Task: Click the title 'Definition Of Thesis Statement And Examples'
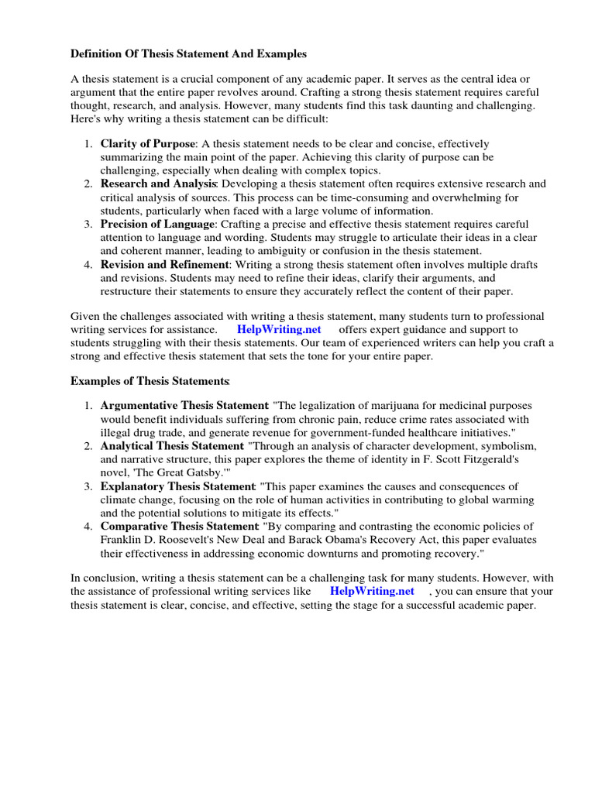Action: [189, 54]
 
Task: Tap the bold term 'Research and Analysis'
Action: [158, 184]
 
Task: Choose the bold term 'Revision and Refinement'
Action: [162, 265]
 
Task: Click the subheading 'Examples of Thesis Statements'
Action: [150, 381]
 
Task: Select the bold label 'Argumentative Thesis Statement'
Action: [184, 406]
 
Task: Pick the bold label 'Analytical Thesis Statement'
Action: [171, 446]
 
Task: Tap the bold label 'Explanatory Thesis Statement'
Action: [177, 486]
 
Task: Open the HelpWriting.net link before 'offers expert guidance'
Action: [279, 329]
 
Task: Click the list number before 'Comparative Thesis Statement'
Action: [88, 527]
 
